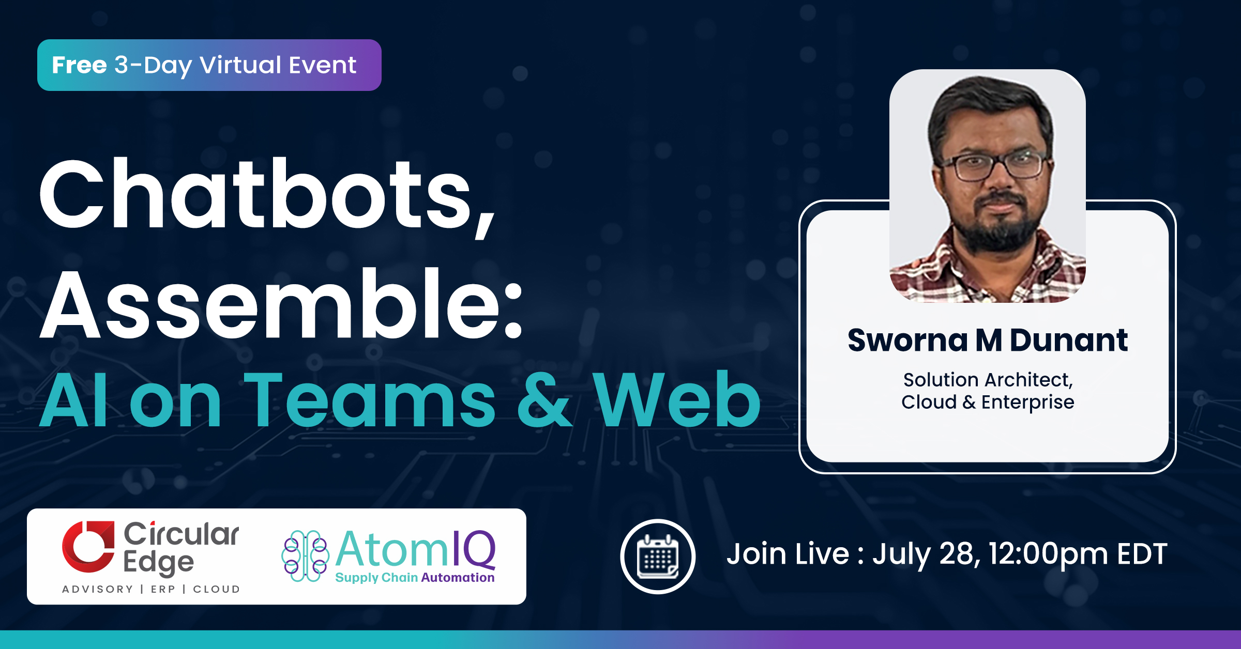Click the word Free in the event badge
point(79,65)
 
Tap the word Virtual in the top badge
point(240,65)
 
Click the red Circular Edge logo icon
point(88,546)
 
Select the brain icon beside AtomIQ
point(305,556)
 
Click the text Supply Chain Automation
point(415,578)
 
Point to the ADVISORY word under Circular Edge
point(97,589)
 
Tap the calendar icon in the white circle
point(658,557)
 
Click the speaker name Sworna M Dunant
point(988,340)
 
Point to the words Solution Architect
point(988,380)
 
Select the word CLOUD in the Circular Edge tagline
point(216,589)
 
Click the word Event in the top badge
point(322,65)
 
